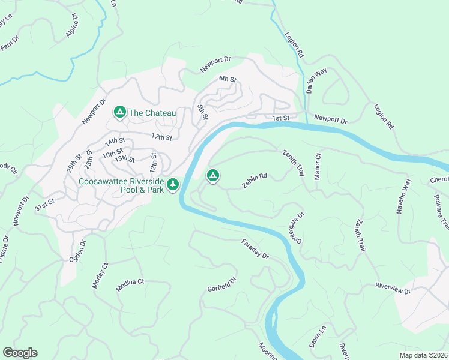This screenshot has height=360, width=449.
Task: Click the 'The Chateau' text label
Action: click(x=152, y=113)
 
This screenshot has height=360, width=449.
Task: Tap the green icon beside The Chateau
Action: click(x=119, y=112)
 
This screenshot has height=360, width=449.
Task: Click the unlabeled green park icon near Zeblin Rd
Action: click(x=212, y=176)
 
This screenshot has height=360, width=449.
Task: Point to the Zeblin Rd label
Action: click(x=255, y=181)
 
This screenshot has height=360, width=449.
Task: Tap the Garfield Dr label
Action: click(x=223, y=283)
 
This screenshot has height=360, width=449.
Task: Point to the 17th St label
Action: click(x=161, y=137)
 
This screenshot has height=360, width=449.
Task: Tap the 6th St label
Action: click(x=228, y=79)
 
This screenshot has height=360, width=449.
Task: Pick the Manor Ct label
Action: click(x=318, y=166)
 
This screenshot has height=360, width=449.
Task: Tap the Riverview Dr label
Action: click(x=393, y=288)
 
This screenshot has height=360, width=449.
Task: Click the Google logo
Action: click(x=20, y=353)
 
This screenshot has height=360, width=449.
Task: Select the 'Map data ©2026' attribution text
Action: click(x=423, y=355)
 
